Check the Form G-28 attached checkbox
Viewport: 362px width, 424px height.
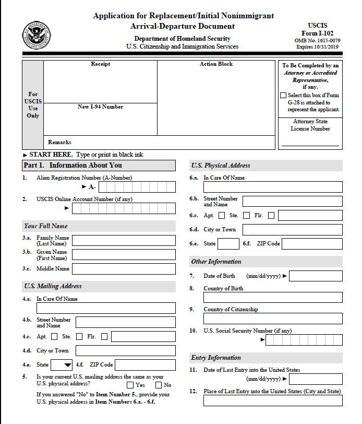pyautogui.click(x=283, y=96)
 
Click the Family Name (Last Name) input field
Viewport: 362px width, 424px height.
pyautogui.click(x=124, y=241)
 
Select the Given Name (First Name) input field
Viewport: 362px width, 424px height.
pyautogui.click(x=124, y=255)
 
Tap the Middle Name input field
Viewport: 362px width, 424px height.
pyautogui.click(x=124, y=269)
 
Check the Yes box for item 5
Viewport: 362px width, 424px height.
pyautogui.click(x=130, y=385)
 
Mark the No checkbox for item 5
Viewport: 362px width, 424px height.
pyautogui.click(x=159, y=385)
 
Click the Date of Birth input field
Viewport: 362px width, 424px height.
pyautogui.click(x=316, y=276)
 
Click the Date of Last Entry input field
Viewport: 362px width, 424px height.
pyautogui.click(x=316, y=379)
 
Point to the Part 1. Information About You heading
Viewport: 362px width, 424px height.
pyautogui.click(x=73, y=166)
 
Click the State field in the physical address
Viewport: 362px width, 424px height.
pyautogui.click(x=228, y=244)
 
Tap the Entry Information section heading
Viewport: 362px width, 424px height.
pyautogui.click(x=216, y=358)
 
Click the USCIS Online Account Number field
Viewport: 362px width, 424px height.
pyautogui.click(x=124, y=209)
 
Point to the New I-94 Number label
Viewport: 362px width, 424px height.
pyautogui.click(x=100, y=107)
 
